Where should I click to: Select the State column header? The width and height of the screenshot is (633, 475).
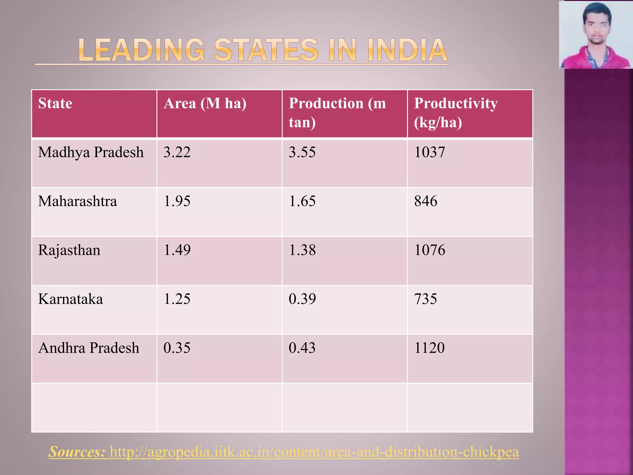click(x=55, y=103)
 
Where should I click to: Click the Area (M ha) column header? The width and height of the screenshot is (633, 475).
click(x=205, y=103)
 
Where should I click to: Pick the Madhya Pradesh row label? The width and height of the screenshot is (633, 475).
click(x=91, y=152)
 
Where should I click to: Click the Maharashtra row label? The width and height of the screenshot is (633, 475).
click(x=77, y=201)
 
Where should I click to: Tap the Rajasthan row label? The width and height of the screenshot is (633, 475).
click(x=69, y=250)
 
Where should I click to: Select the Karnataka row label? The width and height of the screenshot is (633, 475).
click(x=70, y=299)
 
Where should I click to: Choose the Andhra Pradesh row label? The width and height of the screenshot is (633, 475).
click(x=89, y=348)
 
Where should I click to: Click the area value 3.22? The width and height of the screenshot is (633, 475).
click(x=177, y=152)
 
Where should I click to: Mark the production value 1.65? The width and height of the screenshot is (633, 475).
click(x=302, y=201)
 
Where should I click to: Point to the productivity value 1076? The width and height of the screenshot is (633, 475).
click(x=430, y=250)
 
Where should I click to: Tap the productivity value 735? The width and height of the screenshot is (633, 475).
click(x=426, y=299)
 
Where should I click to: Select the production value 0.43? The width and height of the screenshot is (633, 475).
click(x=302, y=348)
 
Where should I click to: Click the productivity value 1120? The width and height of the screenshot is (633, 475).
click(x=429, y=348)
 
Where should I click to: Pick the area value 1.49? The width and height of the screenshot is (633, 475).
click(x=177, y=250)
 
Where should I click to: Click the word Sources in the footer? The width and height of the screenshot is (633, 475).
click(x=77, y=451)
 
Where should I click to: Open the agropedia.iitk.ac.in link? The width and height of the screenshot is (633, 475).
click(x=314, y=451)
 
